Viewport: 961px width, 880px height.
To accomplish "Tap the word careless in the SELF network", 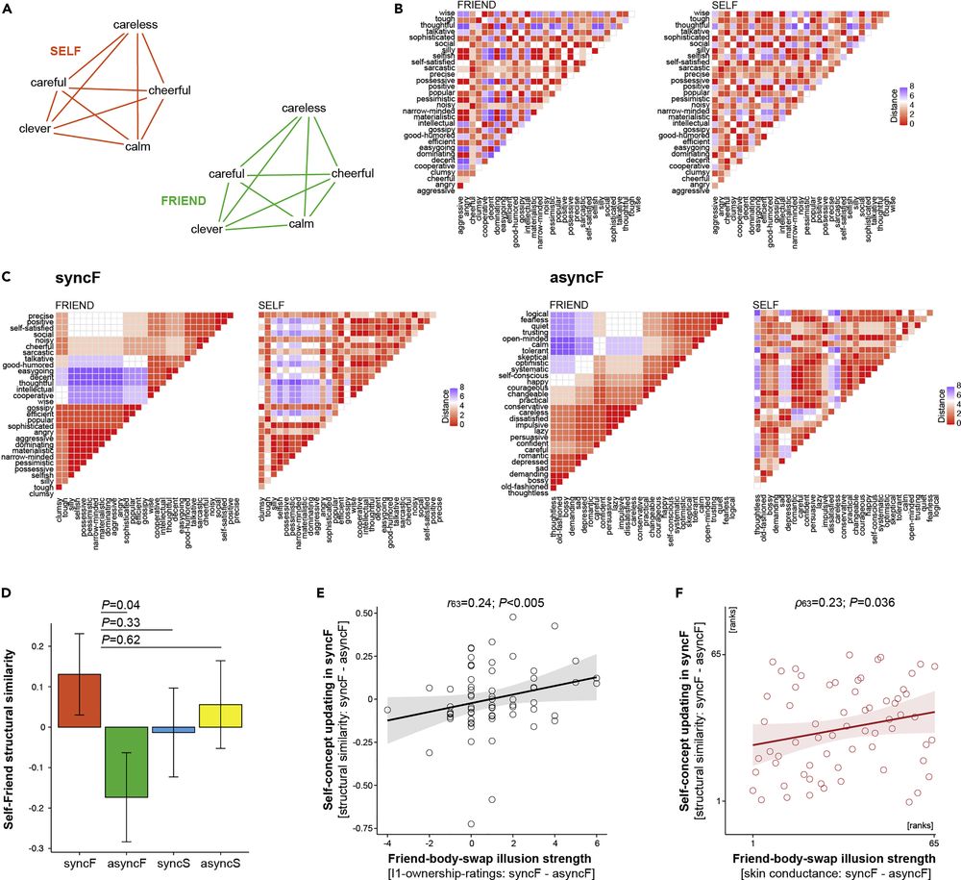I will (x=136, y=23).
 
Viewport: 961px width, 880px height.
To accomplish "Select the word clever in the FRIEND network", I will (x=207, y=230).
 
